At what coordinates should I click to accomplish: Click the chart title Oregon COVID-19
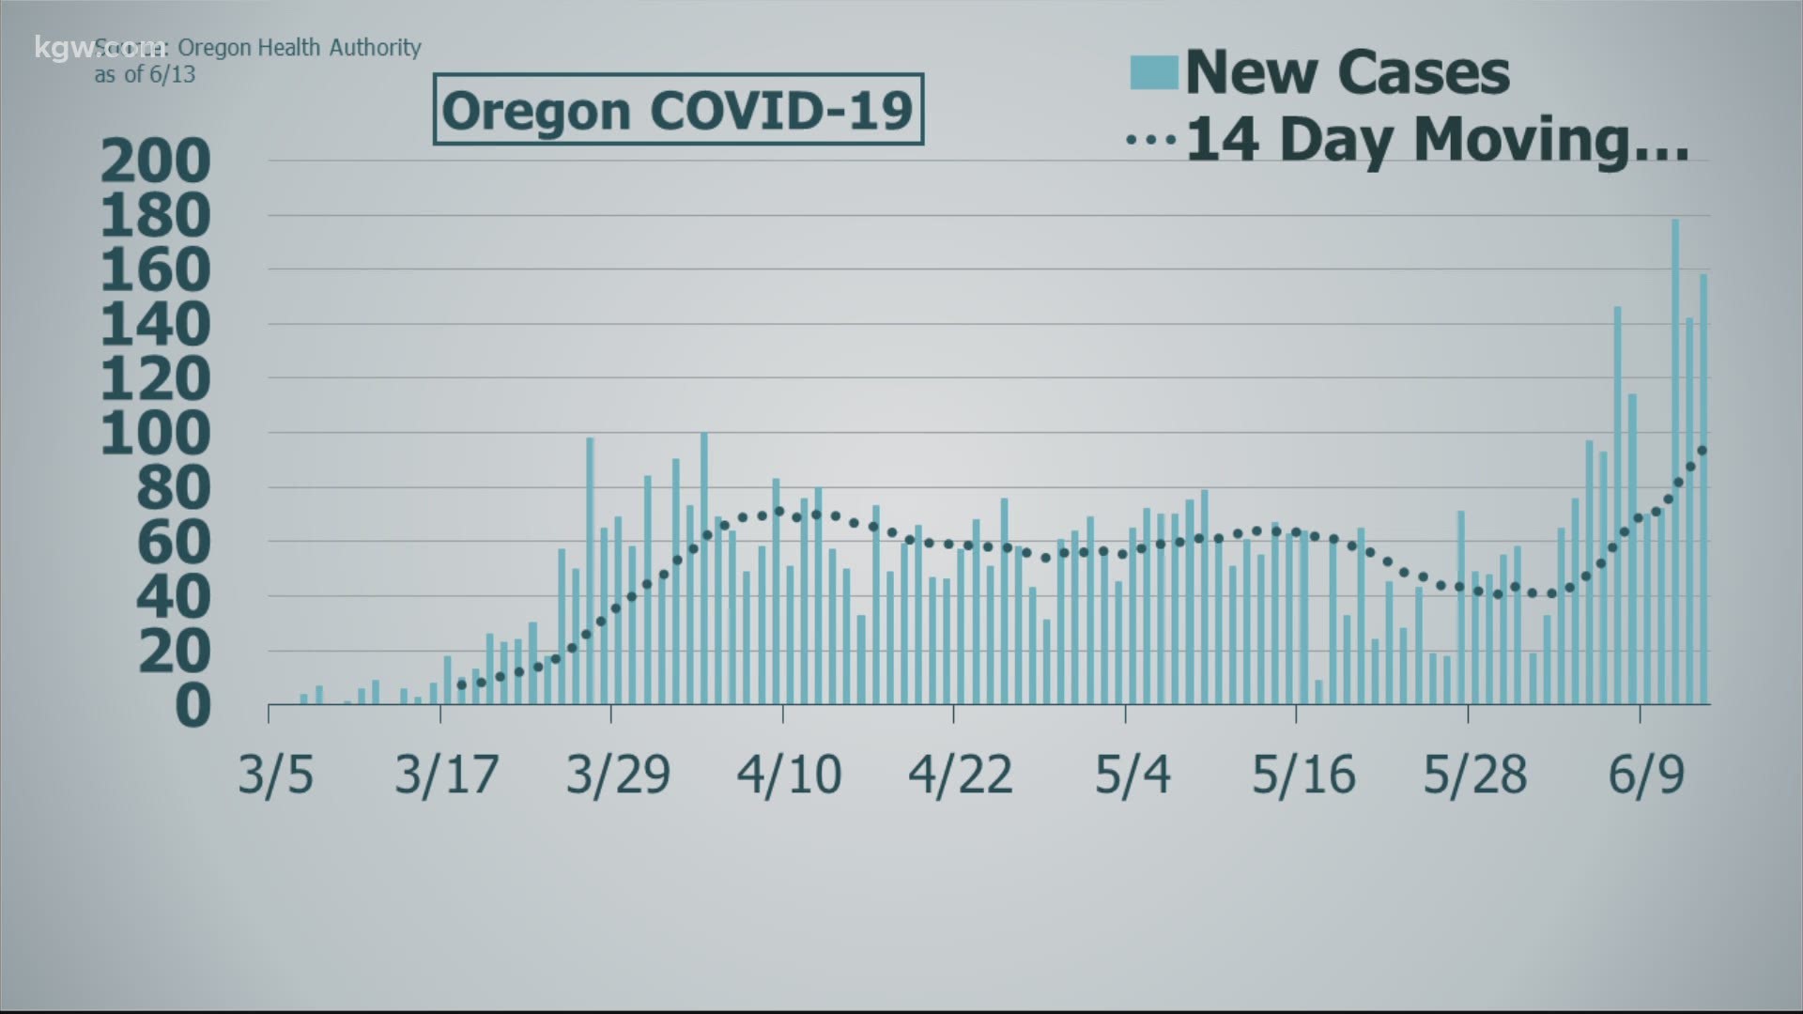point(677,110)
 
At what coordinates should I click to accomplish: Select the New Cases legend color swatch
point(1153,72)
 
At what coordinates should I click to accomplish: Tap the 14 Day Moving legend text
point(1437,141)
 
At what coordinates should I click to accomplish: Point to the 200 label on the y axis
point(156,161)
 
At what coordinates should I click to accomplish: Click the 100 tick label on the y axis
point(156,434)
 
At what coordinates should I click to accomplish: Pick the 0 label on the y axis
point(193,706)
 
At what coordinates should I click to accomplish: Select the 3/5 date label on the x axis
point(275,776)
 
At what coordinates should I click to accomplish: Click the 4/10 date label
point(789,776)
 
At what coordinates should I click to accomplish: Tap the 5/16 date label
point(1303,776)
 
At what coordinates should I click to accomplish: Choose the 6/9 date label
point(1646,776)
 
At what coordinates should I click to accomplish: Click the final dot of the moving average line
point(1703,451)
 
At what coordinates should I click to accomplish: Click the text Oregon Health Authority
point(299,48)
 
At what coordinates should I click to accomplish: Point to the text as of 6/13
point(145,74)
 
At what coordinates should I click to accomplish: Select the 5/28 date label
point(1474,776)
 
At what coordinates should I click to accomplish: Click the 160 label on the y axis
point(156,270)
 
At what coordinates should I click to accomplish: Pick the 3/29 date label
point(618,776)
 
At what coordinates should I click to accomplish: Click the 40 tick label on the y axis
point(175,597)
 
